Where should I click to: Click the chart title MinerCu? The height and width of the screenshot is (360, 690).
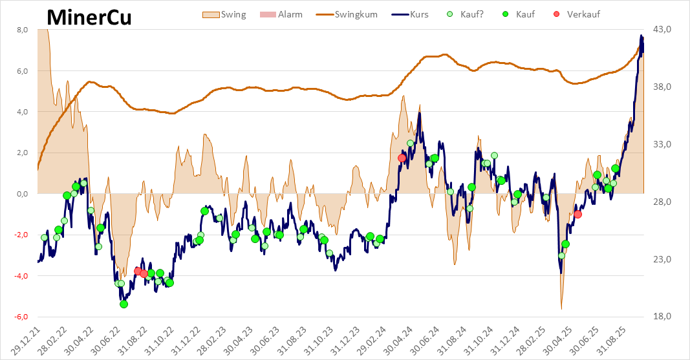89,17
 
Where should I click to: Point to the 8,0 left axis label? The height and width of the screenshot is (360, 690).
21,30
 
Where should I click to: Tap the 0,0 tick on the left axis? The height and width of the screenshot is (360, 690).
21,194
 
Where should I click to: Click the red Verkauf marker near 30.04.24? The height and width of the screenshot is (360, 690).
402,158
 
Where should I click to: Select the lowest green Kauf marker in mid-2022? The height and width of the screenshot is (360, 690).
124,304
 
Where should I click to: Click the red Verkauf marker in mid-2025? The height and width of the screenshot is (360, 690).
577,214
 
